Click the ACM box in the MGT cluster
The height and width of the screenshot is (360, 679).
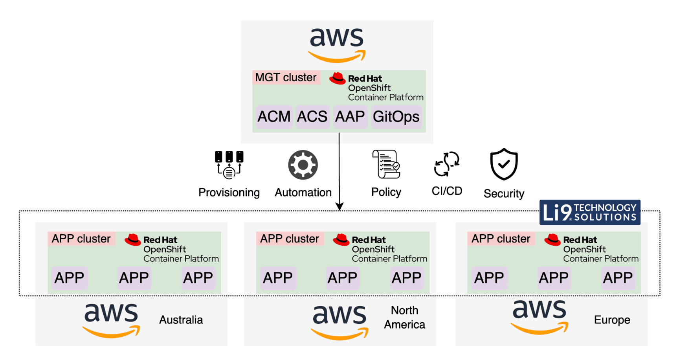click(x=274, y=117)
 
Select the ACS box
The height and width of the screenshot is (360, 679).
click(x=312, y=117)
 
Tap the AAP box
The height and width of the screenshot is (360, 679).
click(x=350, y=117)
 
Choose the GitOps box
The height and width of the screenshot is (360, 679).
click(x=396, y=117)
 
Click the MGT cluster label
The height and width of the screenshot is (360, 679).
click(x=286, y=77)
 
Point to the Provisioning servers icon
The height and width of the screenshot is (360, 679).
click(x=229, y=164)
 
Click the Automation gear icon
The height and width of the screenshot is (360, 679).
click(x=303, y=165)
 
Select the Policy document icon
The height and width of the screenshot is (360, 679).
click(x=386, y=164)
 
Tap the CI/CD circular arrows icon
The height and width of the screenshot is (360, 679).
click(x=447, y=164)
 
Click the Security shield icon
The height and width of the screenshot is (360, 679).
click(x=504, y=164)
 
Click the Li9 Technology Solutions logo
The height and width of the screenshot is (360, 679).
click(x=589, y=212)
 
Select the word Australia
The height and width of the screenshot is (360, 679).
click(x=181, y=320)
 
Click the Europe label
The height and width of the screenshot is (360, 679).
click(x=612, y=320)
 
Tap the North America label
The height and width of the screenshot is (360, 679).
click(x=404, y=318)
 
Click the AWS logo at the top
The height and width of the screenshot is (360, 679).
click(x=337, y=44)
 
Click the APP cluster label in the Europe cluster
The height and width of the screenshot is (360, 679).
click(x=501, y=239)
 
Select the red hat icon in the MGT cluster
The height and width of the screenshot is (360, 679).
click(x=337, y=78)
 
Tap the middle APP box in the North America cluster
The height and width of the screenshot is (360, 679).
click(x=342, y=278)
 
